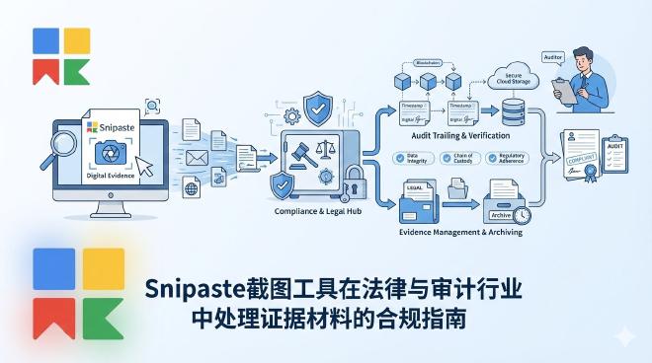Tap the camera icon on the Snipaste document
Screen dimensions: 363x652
tap(107, 152)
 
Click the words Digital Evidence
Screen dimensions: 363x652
tap(109, 175)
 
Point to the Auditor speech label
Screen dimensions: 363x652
tap(552, 57)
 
